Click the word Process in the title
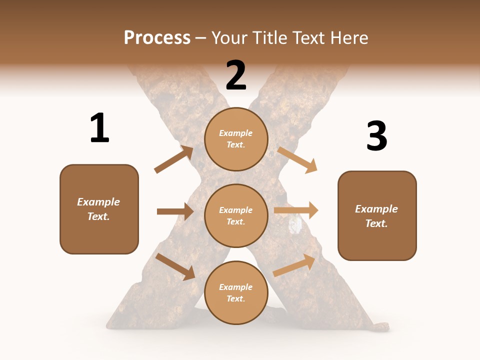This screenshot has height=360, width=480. pos(157,37)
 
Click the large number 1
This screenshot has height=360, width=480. pos(99,128)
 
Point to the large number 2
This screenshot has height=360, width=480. pos(236,75)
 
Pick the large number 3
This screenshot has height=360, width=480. pos(376,136)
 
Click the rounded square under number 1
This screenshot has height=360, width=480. pos(99,209)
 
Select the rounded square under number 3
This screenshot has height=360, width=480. pos(377,216)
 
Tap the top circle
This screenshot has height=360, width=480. pos(236,138)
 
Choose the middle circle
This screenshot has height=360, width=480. pos(236,215)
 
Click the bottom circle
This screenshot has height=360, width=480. pos(236,292)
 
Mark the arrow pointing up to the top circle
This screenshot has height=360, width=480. pos(173,159)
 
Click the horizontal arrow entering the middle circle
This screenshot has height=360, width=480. pos(175,211)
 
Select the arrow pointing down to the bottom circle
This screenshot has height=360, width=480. pos(175,266)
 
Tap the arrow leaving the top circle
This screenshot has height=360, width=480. pos(297,159)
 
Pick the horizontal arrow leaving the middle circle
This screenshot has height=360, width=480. pos(296,210)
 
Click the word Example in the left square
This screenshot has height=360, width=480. pos(98,202)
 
